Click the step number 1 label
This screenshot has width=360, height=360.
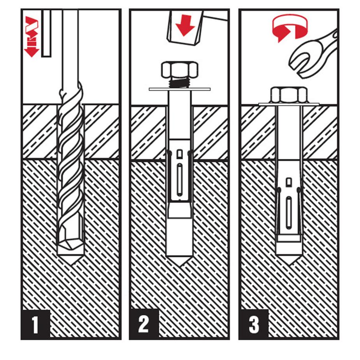click(x=35, y=325)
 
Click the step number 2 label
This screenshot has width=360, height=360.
click(x=144, y=325)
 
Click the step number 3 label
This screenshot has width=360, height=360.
click(x=254, y=325)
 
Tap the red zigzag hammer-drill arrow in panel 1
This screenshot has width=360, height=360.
click(x=32, y=37)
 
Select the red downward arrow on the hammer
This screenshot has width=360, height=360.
click(x=185, y=25)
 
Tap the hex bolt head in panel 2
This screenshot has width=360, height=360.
click(x=179, y=69)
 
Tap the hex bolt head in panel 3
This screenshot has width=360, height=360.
click(x=289, y=95)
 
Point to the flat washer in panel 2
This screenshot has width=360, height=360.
click(x=179, y=89)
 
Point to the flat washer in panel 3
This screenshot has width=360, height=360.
click(x=289, y=104)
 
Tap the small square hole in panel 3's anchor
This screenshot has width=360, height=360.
click(x=289, y=182)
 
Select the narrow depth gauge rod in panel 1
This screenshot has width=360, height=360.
click(x=46, y=33)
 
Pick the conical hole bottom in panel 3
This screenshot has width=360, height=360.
click(x=289, y=260)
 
